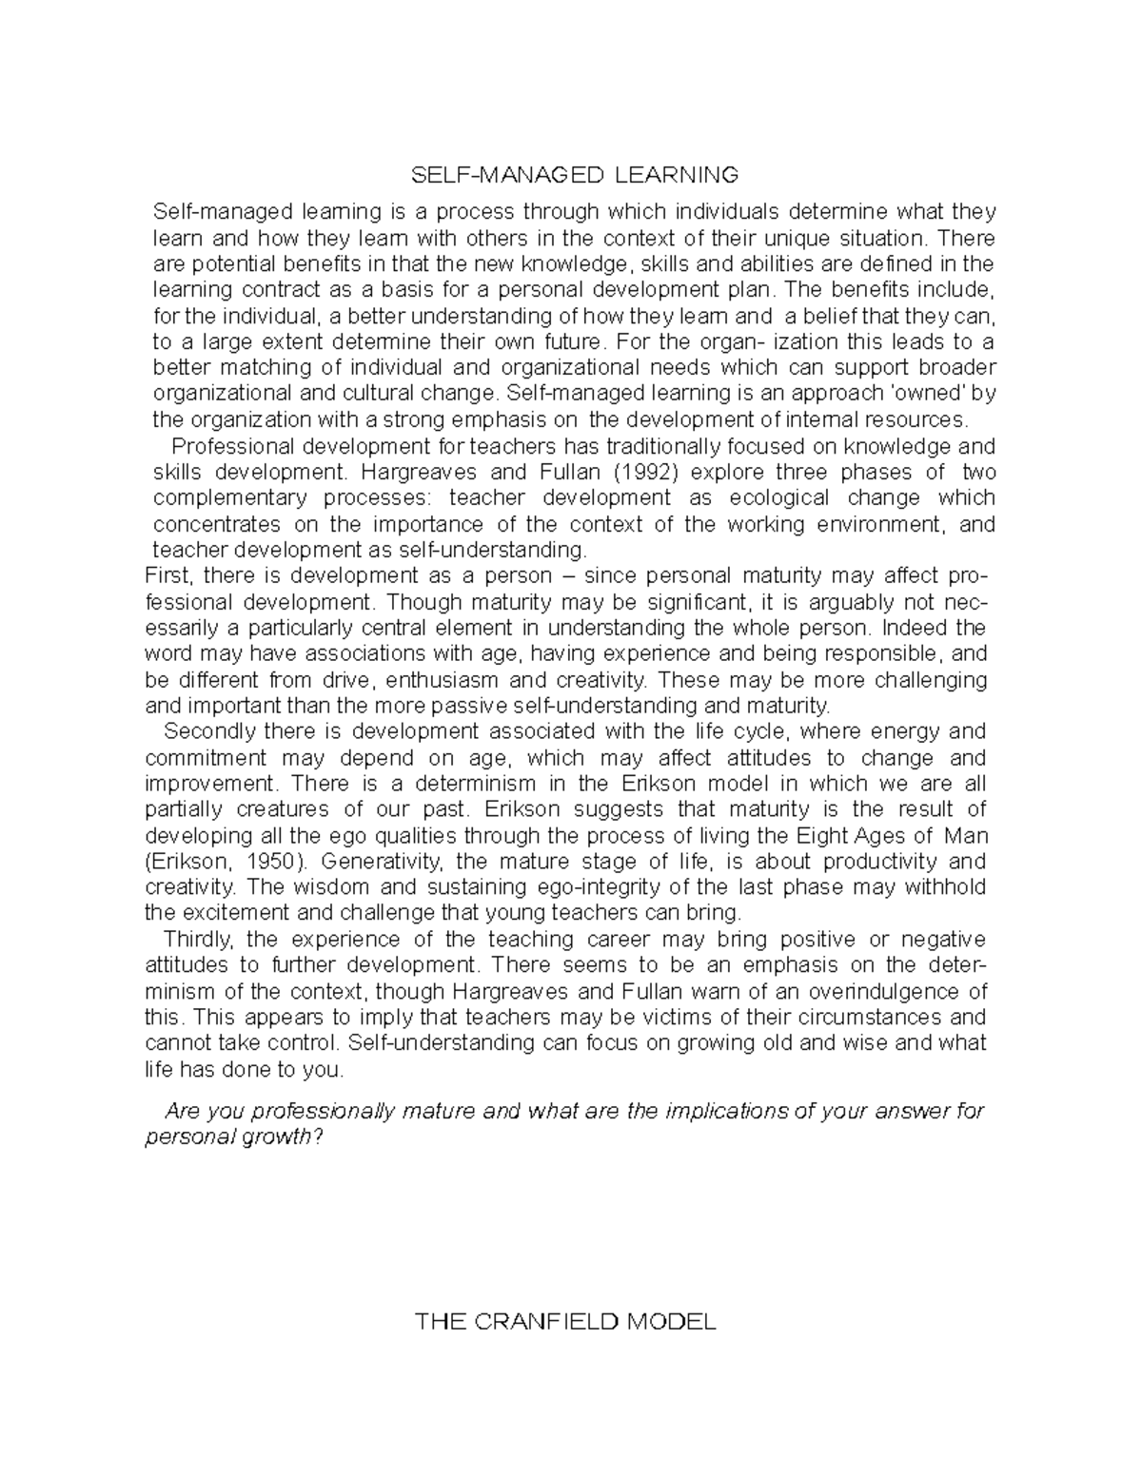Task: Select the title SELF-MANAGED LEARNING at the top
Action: [574, 175]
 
